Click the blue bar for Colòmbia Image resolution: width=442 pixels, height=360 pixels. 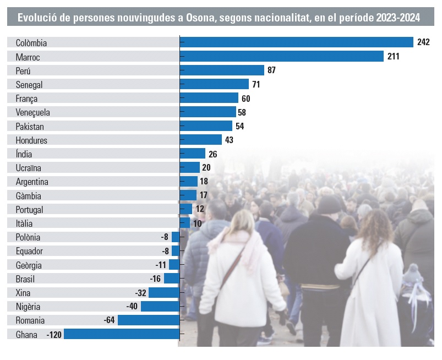pos(296,42)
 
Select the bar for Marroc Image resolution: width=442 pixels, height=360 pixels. pos(281,56)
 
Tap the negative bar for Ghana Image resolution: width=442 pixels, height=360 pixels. pos(122,334)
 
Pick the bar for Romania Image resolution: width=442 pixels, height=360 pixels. pos(149,320)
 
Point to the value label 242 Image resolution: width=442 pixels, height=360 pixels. pos(424,42)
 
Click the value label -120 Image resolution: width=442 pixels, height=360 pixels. pos(53,335)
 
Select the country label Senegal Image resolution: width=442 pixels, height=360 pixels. pos(29,84)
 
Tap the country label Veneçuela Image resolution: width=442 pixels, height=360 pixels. pos(33,112)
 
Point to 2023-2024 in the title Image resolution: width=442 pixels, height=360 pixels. pos(398,18)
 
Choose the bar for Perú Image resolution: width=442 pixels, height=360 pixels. pos(222,70)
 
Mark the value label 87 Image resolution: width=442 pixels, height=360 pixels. pos(271,70)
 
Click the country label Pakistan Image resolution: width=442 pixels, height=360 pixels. pos(30,126)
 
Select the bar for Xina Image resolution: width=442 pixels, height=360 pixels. pos(164,293)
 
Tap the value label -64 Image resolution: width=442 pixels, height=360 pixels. pos(109,320)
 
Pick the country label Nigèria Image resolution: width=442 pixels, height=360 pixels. pos(28,307)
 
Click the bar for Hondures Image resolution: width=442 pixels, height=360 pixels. pos(200,140)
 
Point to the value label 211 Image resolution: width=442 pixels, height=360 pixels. pos(393,56)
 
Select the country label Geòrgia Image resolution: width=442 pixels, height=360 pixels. pos(29,265)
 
